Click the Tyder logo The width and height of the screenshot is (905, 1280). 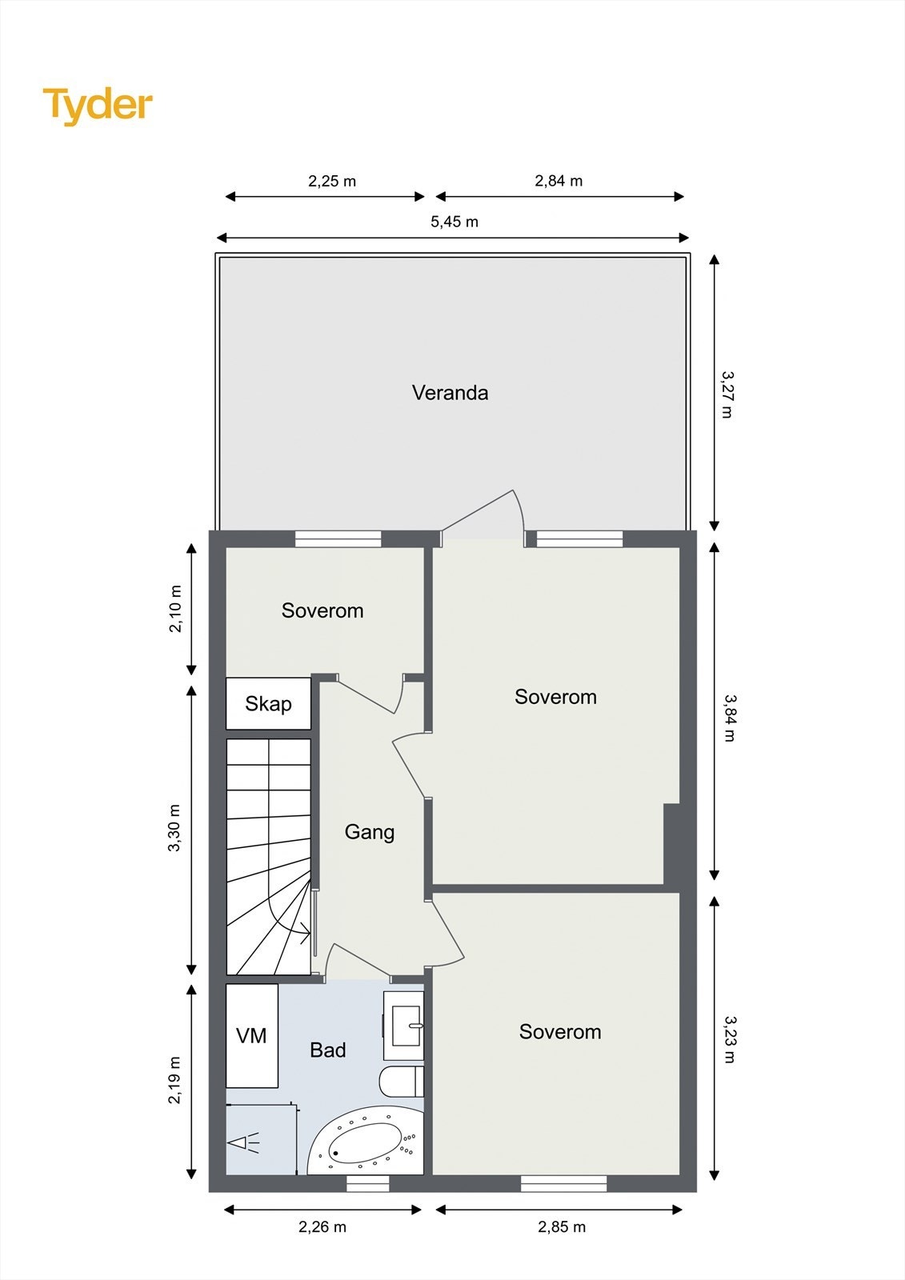tap(98, 105)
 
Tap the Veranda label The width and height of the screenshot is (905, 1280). tap(450, 393)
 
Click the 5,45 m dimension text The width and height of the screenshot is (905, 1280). tap(454, 222)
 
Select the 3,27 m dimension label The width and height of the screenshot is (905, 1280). tap(727, 394)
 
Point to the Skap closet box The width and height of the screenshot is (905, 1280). tap(268, 704)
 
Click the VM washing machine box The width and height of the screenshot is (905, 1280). tap(251, 1036)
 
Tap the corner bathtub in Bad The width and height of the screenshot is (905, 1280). tap(366, 1142)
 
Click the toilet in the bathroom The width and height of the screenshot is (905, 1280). tap(401, 1082)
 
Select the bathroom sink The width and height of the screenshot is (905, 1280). tap(404, 1019)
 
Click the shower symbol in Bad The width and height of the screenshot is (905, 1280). tap(244, 1143)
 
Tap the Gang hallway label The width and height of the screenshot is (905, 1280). tap(369, 832)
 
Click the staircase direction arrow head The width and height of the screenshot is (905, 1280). tap(306, 930)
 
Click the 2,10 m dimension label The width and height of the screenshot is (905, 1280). tap(175, 609)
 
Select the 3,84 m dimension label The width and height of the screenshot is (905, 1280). tap(729, 718)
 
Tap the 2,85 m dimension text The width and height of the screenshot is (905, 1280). tap(561, 1226)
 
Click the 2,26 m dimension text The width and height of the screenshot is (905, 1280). tap(322, 1226)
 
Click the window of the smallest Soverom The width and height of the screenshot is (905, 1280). tap(338, 540)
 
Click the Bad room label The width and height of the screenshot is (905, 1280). tap(327, 1050)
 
